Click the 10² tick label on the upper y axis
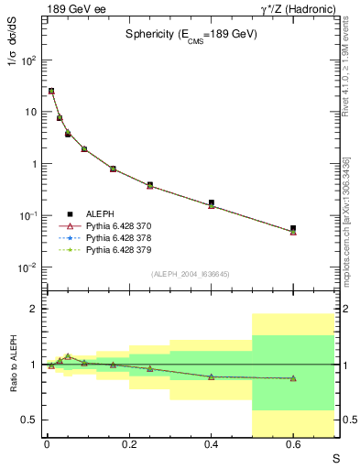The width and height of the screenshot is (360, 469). (29, 60)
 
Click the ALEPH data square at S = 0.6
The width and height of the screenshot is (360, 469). (293, 228)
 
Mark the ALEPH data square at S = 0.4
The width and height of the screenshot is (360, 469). (212, 203)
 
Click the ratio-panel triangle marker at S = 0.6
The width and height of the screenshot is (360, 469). (293, 378)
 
